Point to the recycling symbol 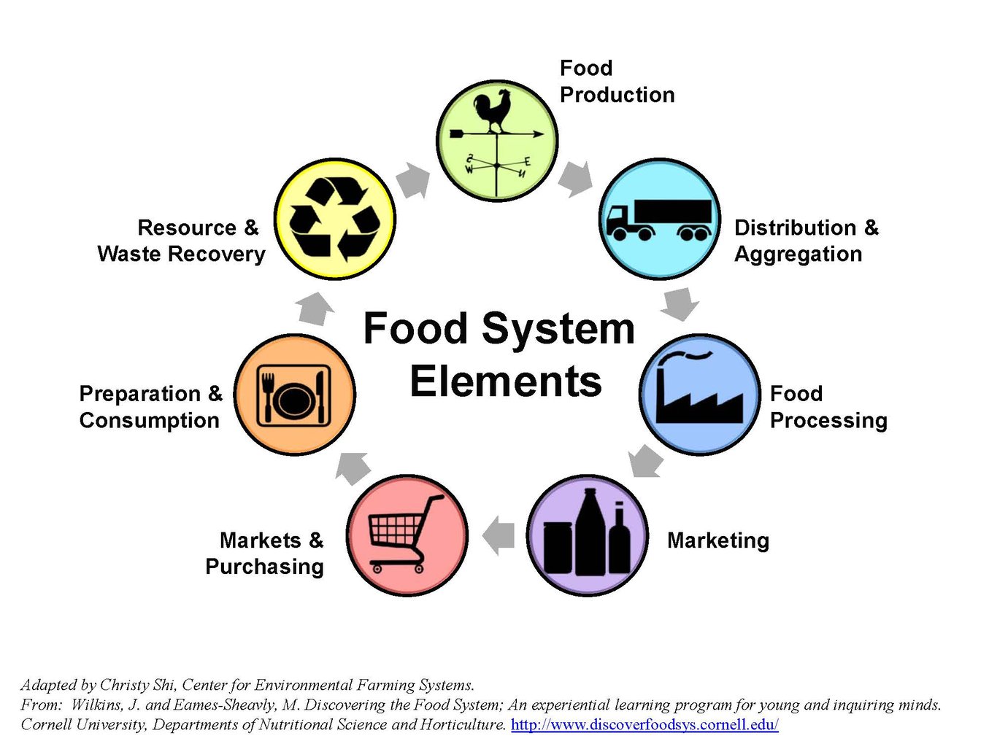[335, 218]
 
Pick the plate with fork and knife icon [294, 395]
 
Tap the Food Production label [616, 81]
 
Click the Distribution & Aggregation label [806, 241]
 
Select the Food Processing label [828, 407]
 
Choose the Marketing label [717, 540]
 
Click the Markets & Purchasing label [265, 553]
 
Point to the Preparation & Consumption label [150, 407]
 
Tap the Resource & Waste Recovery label [181, 241]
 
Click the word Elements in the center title [505, 381]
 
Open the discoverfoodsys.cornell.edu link [644, 724]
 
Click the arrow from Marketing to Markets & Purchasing [499, 536]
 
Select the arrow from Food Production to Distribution [576, 179]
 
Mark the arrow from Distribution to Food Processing [680, 303]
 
